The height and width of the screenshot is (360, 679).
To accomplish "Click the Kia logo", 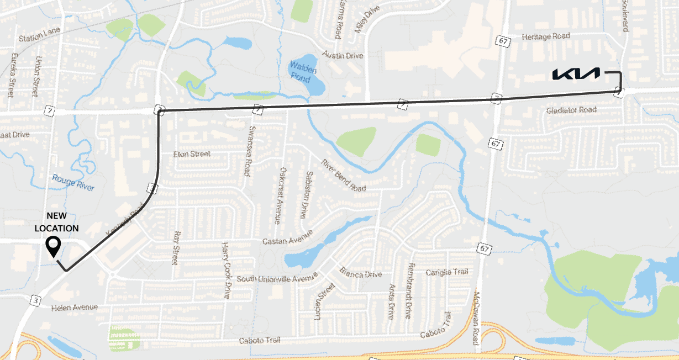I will tap(576, 73).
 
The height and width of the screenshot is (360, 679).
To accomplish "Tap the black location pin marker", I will tap(53, 246).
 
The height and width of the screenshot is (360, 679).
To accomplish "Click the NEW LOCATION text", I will tap(56, 221).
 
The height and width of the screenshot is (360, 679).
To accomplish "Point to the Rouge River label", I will tap(73, 183).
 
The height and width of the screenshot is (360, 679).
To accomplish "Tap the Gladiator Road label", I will tap(571, 110).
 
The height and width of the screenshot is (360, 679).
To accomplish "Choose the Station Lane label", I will tap(39, 39).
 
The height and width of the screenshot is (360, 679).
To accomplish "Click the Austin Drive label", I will tap(343, 56).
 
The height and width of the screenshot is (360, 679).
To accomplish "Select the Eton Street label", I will tap(192, 154).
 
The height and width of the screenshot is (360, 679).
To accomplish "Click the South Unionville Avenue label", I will tap(277, 278).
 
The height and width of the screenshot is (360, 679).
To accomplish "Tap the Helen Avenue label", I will tap(74, 307).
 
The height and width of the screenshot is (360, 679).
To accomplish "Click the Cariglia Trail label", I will tap(447, 272).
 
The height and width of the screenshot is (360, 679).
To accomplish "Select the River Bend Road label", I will tap(344, 176).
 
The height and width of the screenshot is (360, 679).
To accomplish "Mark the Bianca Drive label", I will tap(361, 274).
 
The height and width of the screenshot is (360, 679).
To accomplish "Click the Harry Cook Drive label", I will tap(225, 270).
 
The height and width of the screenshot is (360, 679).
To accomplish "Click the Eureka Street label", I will tap(11, 75).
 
